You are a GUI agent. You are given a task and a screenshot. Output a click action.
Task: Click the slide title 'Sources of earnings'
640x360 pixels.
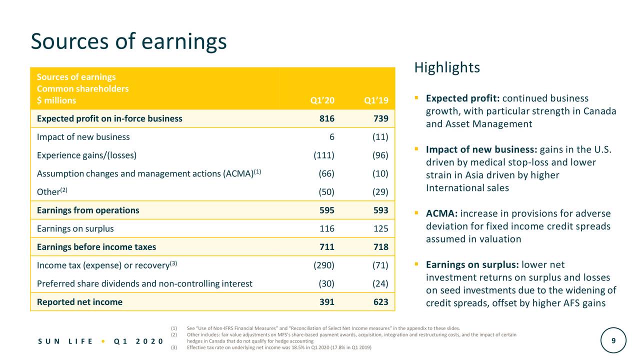[x=128, y=41]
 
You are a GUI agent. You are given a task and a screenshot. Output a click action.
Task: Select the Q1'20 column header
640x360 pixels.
[x=322, y=100]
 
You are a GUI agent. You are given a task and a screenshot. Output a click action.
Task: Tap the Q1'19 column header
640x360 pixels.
[x=376, y=100]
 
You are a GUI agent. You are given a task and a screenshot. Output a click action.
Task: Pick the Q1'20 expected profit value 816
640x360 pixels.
[x=327, y=118]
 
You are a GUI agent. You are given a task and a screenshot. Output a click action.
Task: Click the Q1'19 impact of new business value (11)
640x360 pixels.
[x=380, y=137]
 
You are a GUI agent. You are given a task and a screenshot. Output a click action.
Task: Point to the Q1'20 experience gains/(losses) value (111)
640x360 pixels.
[x=324, y=155]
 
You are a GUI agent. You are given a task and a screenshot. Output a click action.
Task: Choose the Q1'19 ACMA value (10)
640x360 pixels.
[x=380, y=173]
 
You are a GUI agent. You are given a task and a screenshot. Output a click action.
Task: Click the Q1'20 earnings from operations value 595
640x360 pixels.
[x=327, y=210]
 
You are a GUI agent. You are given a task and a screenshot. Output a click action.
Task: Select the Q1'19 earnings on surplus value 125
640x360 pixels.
[x=380, y=229]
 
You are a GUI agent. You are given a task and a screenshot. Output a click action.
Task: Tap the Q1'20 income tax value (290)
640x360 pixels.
[x=324, y=265]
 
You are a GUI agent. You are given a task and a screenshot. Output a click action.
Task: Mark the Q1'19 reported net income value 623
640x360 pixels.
[x=380, y=301]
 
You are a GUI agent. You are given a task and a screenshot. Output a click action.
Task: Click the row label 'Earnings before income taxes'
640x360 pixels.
[x=96, y=247]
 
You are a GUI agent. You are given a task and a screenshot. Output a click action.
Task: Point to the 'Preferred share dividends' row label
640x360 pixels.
[x=144, y=284]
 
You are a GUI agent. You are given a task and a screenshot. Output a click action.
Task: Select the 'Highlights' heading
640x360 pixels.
[x=447, y=67]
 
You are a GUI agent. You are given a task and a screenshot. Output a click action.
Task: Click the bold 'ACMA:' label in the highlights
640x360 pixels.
[x=442, y=214]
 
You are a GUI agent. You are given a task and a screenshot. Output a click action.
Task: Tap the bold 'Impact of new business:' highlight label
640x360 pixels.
[x=481, y=150]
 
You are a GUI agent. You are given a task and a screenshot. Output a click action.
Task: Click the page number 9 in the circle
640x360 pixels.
[x=613, y=340]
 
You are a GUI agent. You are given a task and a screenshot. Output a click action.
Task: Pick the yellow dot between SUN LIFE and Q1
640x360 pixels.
[x=102, y=341]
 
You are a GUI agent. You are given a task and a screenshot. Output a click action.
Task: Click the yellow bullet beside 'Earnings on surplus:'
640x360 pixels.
[x=416, y=264]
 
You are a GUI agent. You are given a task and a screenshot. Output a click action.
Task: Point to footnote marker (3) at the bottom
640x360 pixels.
[x=174, y=347]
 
